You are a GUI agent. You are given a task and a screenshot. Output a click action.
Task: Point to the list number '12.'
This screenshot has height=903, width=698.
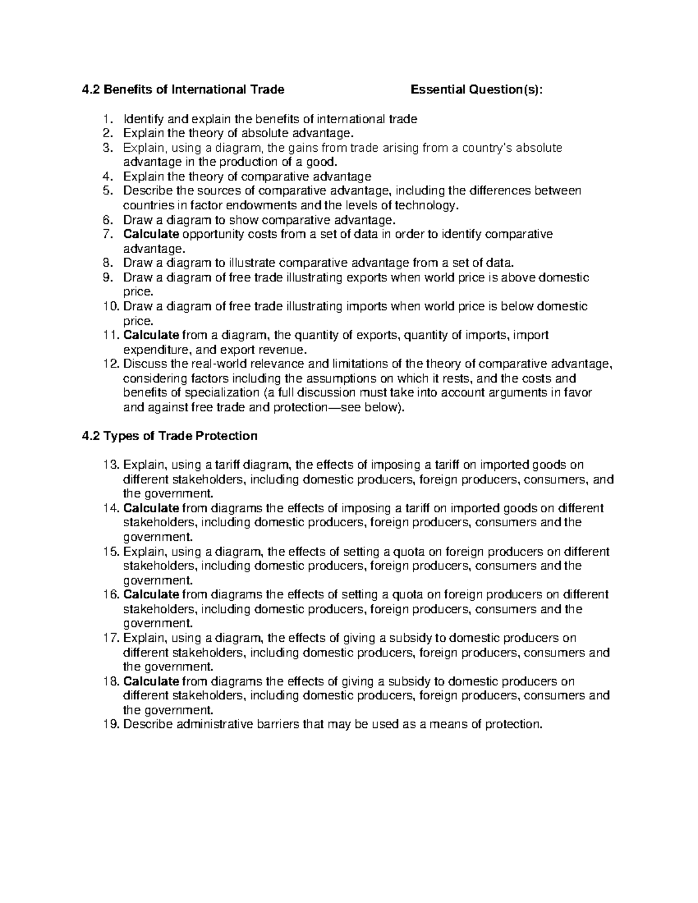point(109,364)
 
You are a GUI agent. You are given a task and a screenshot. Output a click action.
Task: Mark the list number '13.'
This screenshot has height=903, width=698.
point(109,465)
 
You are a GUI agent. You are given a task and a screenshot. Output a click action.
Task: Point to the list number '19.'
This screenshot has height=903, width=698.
point(109,724)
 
